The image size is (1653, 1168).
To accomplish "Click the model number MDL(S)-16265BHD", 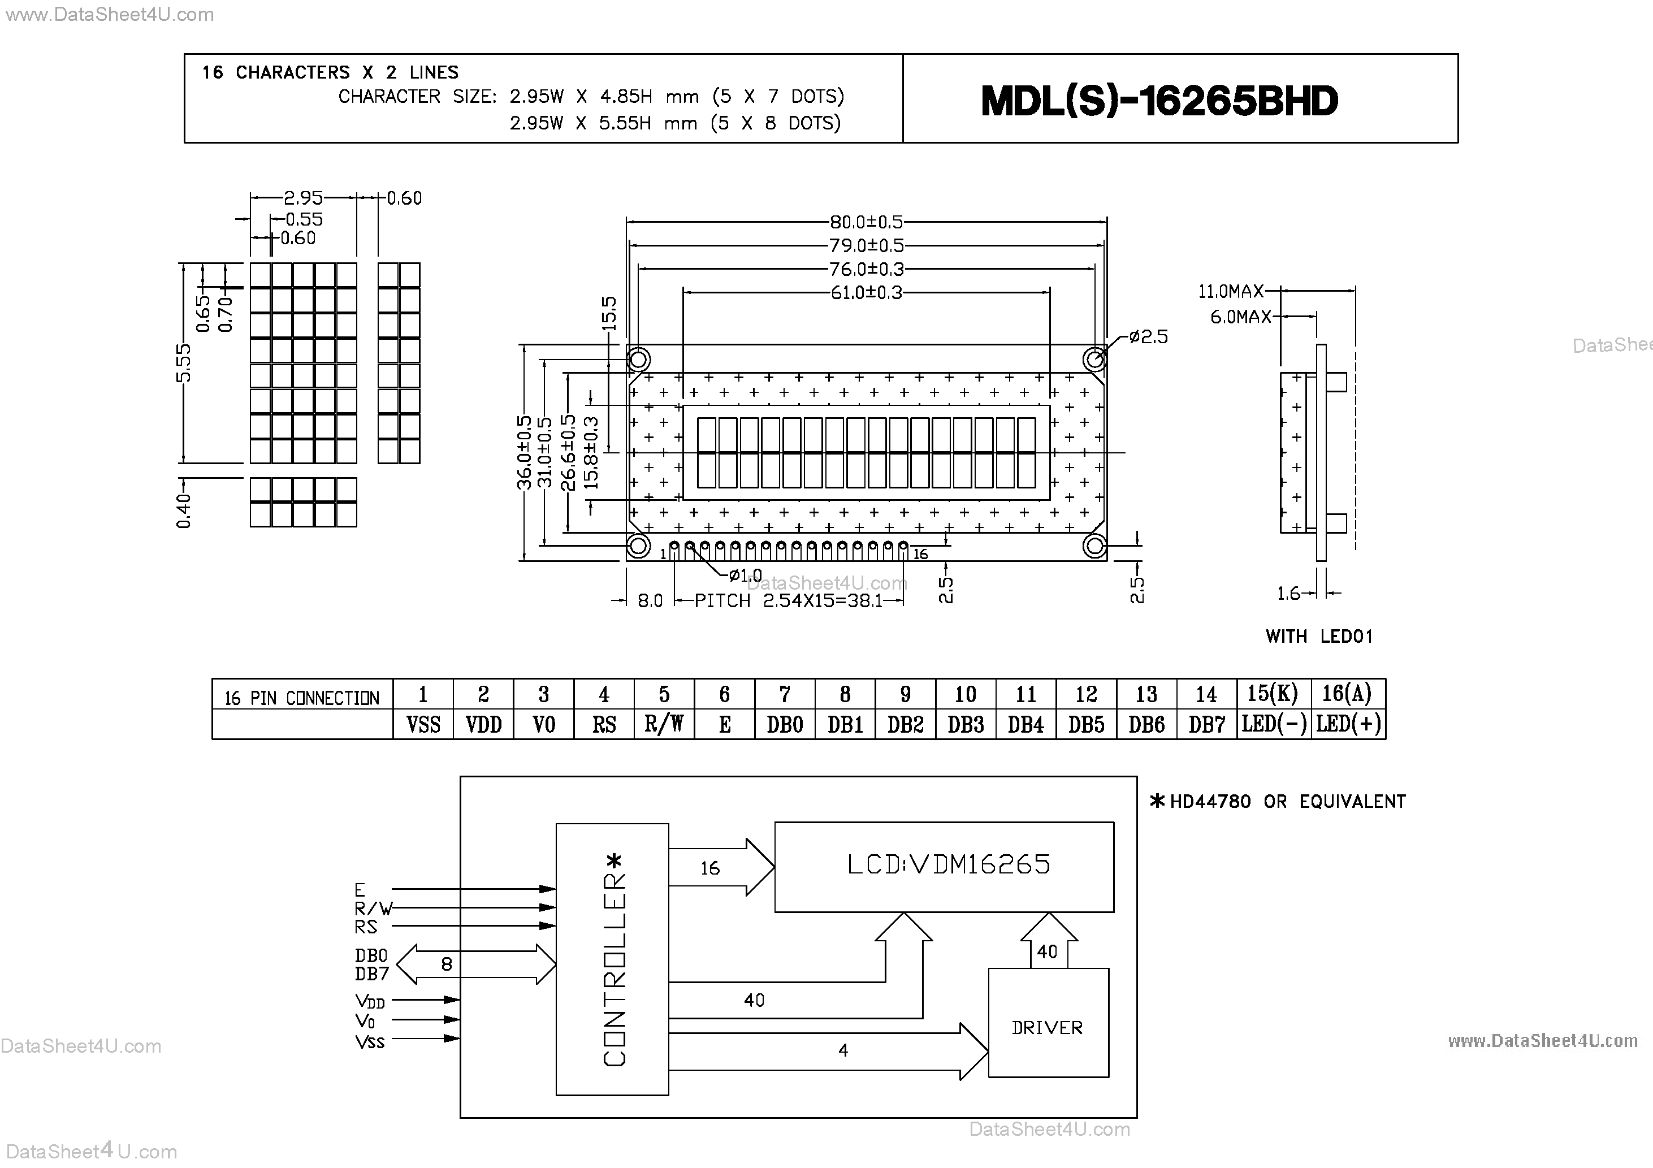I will [x=1159, y=101].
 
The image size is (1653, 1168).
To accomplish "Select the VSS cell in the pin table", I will [x=423, y=724].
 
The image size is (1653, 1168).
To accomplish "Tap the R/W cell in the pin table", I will [x=664, y=724].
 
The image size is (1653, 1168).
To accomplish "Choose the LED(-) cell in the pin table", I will [x=1274, y=724].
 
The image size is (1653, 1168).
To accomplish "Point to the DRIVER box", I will [x=1048, y=1028].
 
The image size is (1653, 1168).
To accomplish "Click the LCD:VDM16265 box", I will [x=948, y=865].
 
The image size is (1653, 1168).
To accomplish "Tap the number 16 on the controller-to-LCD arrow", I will [x=710, y=868].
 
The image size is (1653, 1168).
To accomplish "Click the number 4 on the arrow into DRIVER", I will [x=843, y=1050].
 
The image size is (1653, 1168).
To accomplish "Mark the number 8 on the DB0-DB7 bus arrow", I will [x=447, y=964].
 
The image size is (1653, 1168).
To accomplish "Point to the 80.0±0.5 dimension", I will [x=866, y=222].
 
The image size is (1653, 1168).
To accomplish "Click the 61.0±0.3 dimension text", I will [x=866, y=293].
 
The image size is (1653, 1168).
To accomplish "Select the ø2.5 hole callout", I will [x=1148, y=337].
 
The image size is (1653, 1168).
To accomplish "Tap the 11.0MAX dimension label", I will [x=1230, y=292].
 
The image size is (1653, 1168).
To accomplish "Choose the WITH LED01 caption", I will [x=1319, y=637].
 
